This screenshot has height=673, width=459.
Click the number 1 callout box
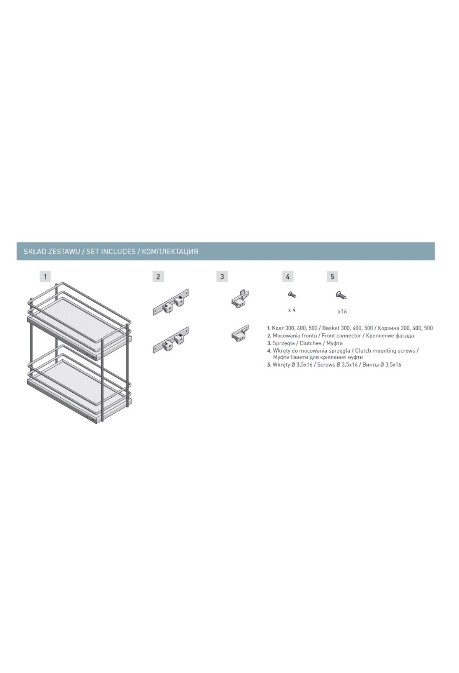[45, 276]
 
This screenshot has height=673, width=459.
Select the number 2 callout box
[158, 276]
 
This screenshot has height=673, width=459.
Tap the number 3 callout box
[222, 276]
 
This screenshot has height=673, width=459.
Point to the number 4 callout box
[288, 276]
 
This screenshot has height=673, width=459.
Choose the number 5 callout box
[332, 276]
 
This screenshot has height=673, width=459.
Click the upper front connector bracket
[171, 302]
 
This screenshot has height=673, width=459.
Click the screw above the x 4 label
[292, 294]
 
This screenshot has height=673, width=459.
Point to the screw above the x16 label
[341, 295]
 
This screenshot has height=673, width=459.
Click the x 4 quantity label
[291, 310]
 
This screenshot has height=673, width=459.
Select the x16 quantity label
[342, 312]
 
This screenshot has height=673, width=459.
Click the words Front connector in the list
[342, 335]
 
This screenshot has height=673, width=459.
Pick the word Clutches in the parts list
[311, 343]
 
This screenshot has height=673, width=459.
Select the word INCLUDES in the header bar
[118, 252]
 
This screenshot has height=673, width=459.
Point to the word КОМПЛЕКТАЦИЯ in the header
[170, 252]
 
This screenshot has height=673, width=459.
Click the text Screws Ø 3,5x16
[337, 365]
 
